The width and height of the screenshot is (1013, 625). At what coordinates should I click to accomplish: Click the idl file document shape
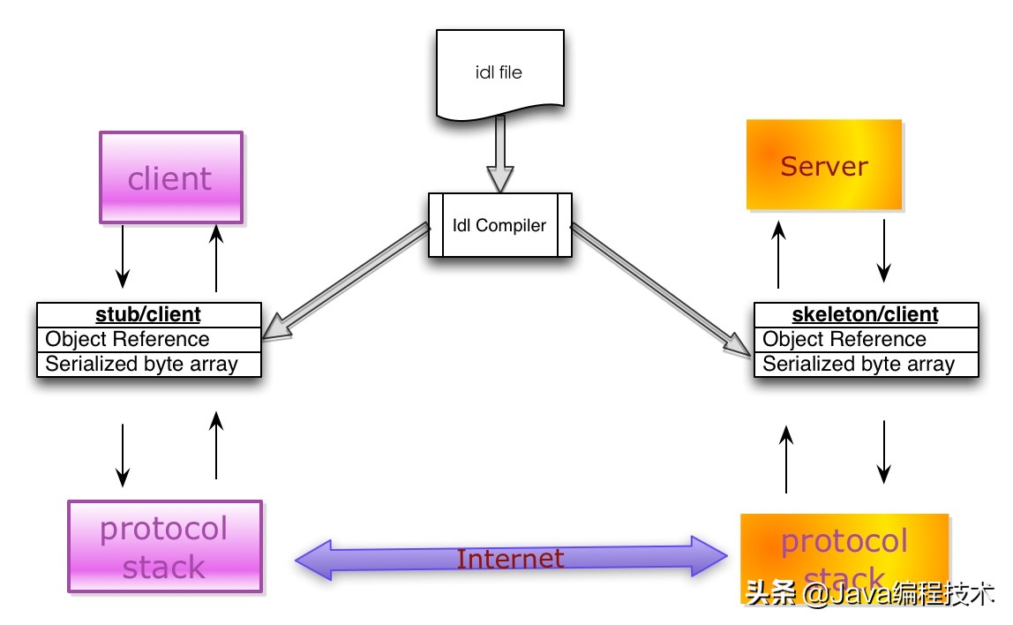click(499, 73)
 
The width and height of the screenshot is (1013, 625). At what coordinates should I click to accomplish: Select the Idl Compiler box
click(499, 225)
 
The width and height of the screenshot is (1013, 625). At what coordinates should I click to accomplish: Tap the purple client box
click(170, 177)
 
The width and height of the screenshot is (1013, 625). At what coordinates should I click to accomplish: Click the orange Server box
click(824, 165)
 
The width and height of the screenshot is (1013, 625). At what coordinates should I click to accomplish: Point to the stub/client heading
click(148, 314)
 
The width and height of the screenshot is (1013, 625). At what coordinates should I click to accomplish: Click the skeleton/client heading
click(865, 314)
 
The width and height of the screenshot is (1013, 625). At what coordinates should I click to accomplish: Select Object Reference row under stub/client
click(148, 339)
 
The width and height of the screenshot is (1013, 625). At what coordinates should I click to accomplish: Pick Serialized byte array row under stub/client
click(148, 364)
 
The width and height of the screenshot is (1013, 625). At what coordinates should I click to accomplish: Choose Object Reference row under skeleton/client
click(865, 339)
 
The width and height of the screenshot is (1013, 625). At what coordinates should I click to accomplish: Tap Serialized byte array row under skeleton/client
click(865, 364)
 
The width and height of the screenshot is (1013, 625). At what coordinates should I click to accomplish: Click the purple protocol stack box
click(165, 546)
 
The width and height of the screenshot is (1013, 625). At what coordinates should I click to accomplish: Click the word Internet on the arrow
click(510, 559)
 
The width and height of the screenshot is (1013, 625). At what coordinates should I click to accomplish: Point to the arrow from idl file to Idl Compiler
click(500, 155)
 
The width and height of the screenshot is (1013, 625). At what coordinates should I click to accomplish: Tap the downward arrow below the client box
click(124, 252)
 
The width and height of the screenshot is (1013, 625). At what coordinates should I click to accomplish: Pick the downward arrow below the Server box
click(885, 250)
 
